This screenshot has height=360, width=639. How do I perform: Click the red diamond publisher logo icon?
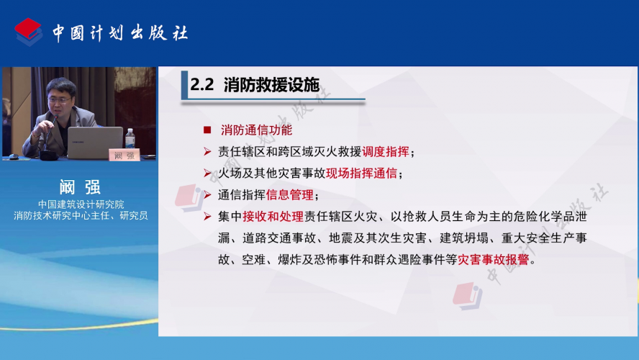[28, 32]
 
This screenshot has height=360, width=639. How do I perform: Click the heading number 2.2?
[201, 85]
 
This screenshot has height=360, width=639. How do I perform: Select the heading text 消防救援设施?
[271, 85]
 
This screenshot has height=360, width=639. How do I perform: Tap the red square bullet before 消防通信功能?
[207, 130]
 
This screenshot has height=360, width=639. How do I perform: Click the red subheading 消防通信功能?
[256, 130]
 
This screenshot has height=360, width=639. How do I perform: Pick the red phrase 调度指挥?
[385, 152]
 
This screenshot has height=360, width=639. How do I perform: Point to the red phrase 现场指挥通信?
[361, 174]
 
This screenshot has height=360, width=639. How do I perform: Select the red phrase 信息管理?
[289, 195]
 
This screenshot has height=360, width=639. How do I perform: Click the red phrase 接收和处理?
[273, 217]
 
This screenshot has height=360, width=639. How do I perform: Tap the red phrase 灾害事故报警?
[493, 259]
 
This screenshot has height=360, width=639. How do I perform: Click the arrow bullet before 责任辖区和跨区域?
[207, 152]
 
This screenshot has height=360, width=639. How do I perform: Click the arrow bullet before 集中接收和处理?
[207, 217]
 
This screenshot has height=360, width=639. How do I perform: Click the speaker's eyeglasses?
[60, 99]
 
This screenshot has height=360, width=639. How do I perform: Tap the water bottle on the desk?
[130, 139]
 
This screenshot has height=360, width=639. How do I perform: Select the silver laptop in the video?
[95, 143]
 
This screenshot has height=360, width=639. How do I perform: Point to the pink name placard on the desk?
[124, 155]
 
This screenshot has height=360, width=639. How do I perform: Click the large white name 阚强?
[80, 187]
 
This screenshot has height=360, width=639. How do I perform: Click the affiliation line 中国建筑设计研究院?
[81, 204]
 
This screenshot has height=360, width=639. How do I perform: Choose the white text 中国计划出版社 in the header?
[120, 33]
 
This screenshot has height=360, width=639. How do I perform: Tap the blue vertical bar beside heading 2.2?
[185, 85]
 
